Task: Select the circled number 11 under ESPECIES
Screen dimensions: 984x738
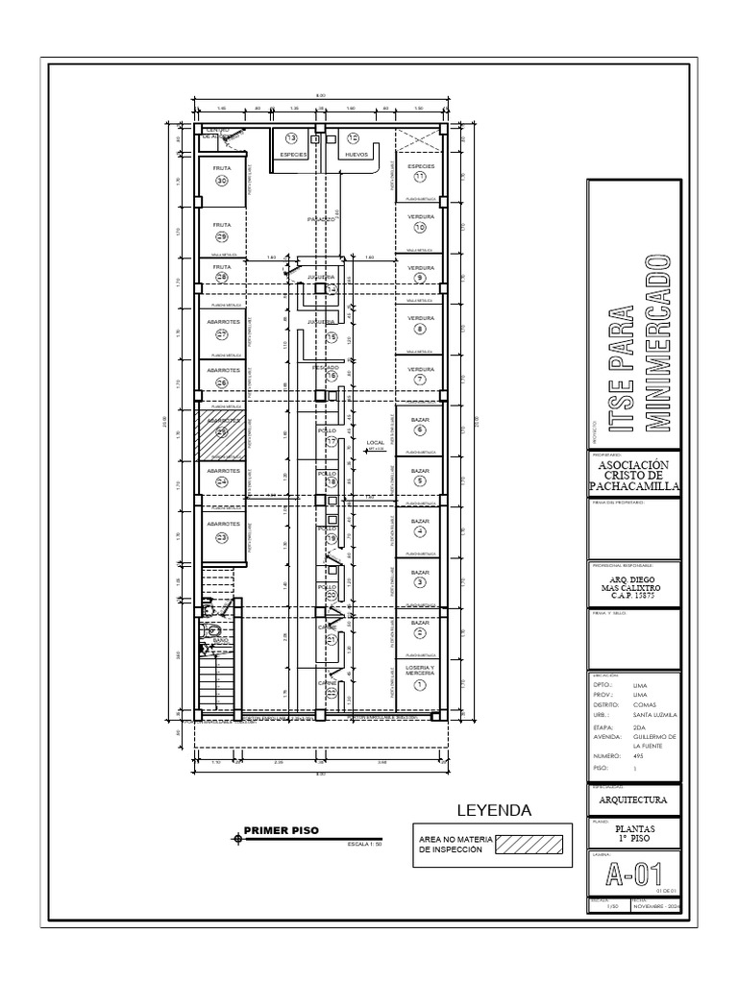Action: pyautogui.click(x=420, y=178)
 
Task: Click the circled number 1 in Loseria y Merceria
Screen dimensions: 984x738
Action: pyautogui.click(x=420, y=684)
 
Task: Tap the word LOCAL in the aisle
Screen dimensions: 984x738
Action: pyautogui.click(x=375, y=443)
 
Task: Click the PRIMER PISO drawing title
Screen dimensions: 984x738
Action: pyautogui.click(x=281, y=830)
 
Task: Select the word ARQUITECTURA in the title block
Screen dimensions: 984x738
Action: pyautogui.click(x=633, y=799)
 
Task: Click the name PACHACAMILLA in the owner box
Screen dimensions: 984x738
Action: pyautogui.click(x=633, y=487)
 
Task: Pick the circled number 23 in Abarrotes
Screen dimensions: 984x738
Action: pyautogui.click(x=221, y=537)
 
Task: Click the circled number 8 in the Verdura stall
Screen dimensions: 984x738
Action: pyautogui.click(x=420, y=329)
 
